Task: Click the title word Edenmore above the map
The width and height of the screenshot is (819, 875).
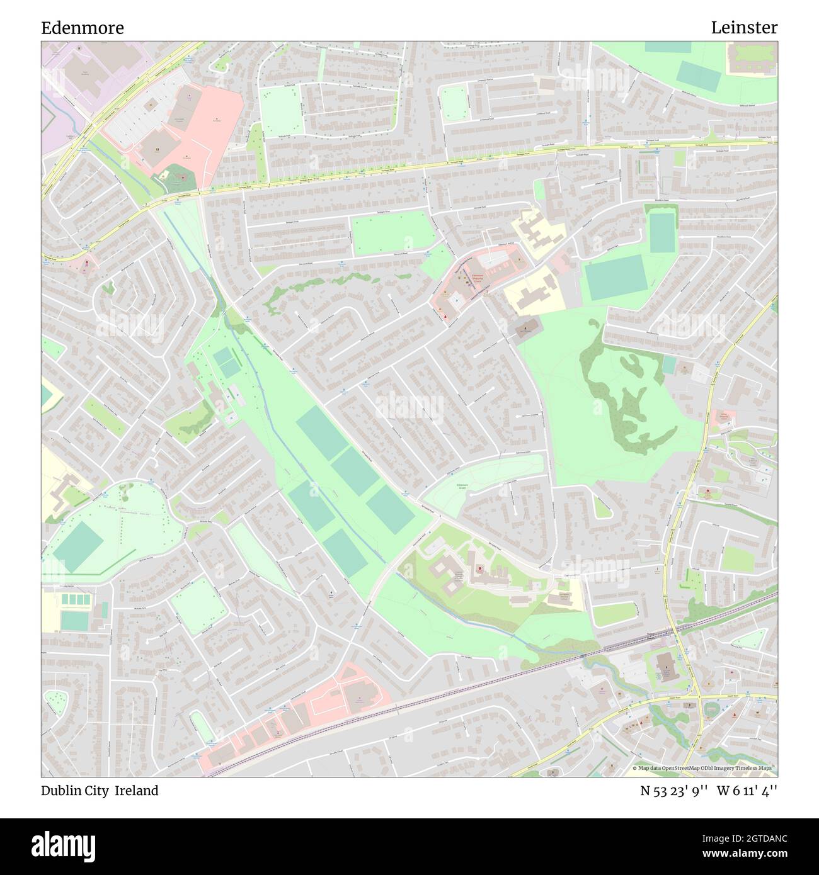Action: click(82, 28)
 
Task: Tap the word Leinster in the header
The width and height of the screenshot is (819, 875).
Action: click(744, 28)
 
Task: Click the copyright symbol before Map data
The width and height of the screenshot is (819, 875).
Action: click(635, 769)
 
